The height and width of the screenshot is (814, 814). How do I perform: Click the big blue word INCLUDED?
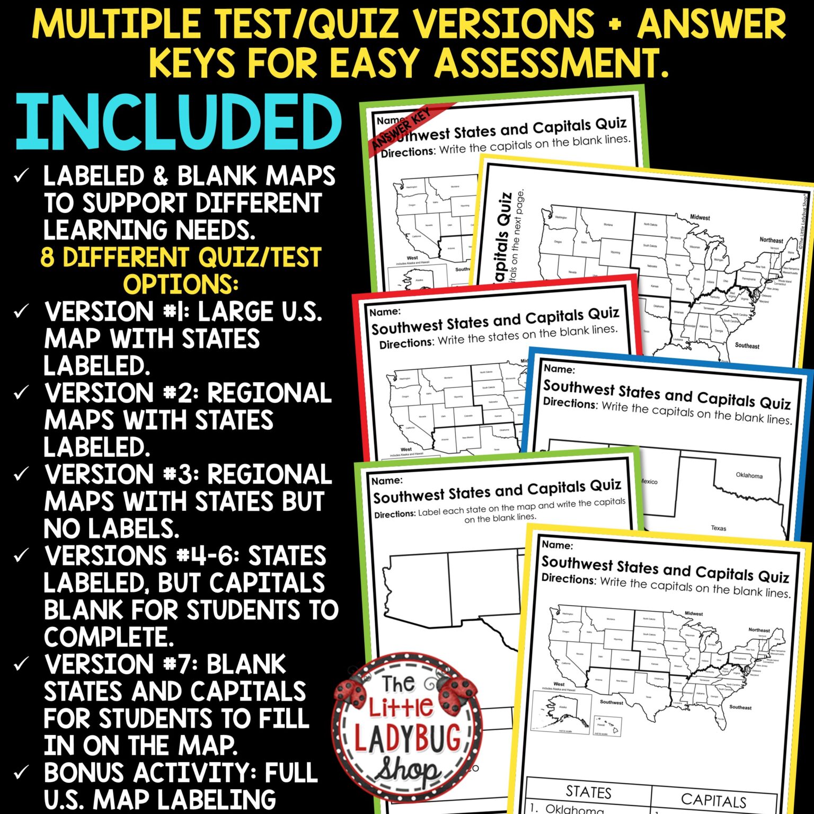tap(179, 123)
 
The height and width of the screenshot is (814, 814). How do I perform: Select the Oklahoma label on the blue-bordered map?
tap(749, 475)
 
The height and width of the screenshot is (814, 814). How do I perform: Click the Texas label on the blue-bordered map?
tap(718, 528)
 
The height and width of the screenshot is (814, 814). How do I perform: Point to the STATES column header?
tap(588, 792)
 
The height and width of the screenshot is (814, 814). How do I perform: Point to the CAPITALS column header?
tap(713, 800)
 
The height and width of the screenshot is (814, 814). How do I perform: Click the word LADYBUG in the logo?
tap(407, 739)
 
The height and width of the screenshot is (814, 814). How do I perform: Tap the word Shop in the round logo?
tap(407, 772)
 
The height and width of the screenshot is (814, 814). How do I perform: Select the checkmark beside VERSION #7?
tap(21, 663)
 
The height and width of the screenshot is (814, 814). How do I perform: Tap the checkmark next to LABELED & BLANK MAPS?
tap(21, 175)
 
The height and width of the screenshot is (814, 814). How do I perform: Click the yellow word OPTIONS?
tap(181, 284)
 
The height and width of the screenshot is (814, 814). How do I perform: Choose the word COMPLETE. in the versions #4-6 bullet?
tap(109, 636)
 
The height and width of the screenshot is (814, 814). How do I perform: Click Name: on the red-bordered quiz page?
tap(385, 312)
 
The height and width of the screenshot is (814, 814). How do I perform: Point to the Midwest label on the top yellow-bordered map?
tap(700, 217)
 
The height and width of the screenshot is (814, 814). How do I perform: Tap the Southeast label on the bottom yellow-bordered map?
tap(740, 707)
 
